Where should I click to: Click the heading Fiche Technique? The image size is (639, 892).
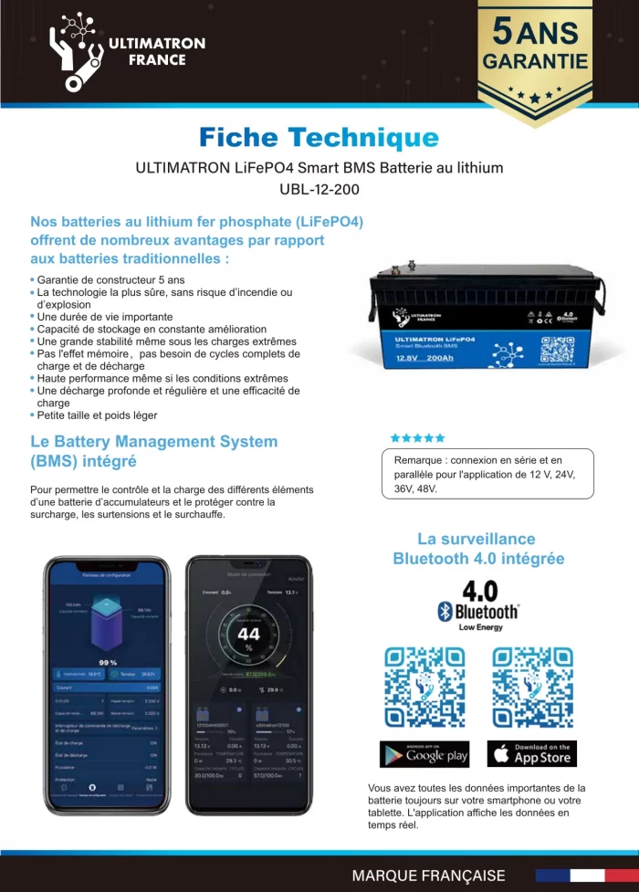319,138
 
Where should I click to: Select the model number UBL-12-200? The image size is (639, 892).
319,190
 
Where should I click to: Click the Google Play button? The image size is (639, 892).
424,753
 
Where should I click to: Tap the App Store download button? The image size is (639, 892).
531,753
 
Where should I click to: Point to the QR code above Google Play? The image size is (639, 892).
424,687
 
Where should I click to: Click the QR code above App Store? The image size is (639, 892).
532,687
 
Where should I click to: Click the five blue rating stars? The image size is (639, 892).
417,437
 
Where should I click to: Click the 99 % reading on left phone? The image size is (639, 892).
107,662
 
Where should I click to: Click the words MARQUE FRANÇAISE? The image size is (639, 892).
428,875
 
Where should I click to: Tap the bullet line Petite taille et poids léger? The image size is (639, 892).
97,415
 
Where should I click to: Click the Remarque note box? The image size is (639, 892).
486,473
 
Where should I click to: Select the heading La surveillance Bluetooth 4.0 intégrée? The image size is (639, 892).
477,548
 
